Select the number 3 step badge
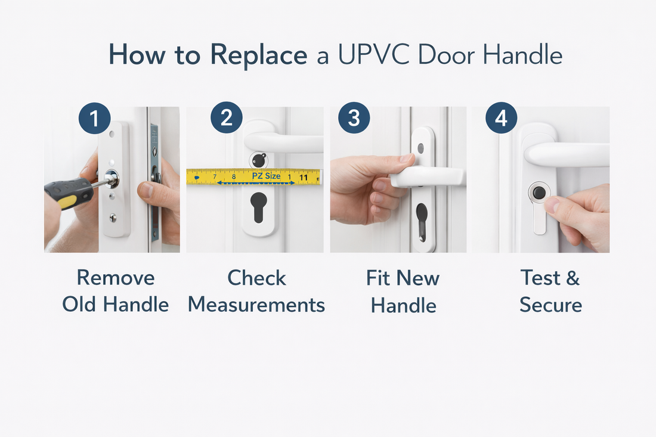[x=354, y=118]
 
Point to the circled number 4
[x=500, y=119]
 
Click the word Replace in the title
[x=258, y=55]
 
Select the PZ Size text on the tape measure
[x=264, y=176]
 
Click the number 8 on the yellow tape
[x=233, y=177]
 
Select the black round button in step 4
[x=539, y=193]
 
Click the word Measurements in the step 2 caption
[x=256, y=305]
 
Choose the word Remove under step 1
[x=116, y=278]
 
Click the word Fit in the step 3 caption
[x=378, y=278]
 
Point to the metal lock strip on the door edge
[x=154, y=179]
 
